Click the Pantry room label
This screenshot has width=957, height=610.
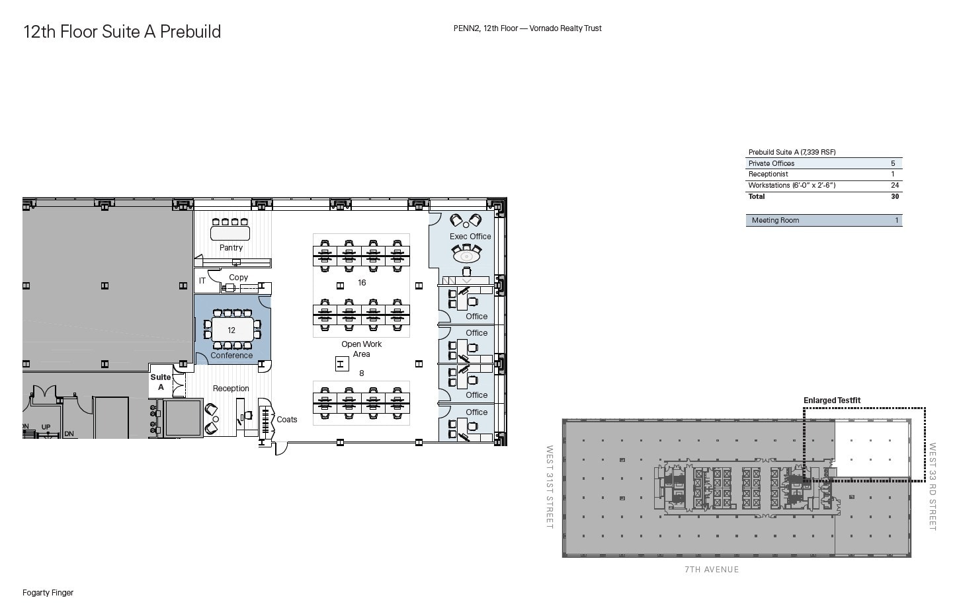pyautogui.click(x=231, y=248)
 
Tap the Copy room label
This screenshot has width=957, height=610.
pyautogui.click(x=238, y=278)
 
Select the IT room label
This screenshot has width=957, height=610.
pyautogui.click(x=202, y=281)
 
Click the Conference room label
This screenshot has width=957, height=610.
pyautogui.click(x=231, y=356)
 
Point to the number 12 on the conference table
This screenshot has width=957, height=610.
pyautogui.click(x=231, y=330)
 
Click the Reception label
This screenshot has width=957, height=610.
pyautogui.click(x=231, y=389)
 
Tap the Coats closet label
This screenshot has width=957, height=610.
pyautogui.click(x=287, y=420)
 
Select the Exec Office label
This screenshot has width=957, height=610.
pyautogui.click(x=470, y=237)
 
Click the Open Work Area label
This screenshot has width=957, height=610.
pyautogui.click(x=361, y=349)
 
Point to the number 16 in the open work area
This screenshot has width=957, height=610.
pyautogui.click(x=362, y=283)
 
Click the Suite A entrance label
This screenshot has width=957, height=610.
pyautogui.click(x=161, y=382)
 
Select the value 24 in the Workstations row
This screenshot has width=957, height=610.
pyautogui.click(x=895, y=186)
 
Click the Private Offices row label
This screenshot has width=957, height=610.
pyautogui.click(x=771, y=164)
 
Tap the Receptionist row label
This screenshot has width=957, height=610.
pyautogui.click(x=768, y=174)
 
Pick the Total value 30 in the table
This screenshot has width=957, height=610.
pyautogui.click(x=895, y=197)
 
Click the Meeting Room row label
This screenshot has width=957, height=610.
pyautogui.click(x=775, y=221)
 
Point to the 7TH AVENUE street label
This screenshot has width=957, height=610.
pyautogui.click(x=712, y=570)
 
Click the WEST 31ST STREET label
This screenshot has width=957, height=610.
pyautogui.click(x=550, y=486)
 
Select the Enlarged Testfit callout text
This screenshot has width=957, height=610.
pyautogui.click(x=832, y=400)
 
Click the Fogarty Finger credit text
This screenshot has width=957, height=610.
pyautogui.click(x=48, y=593)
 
